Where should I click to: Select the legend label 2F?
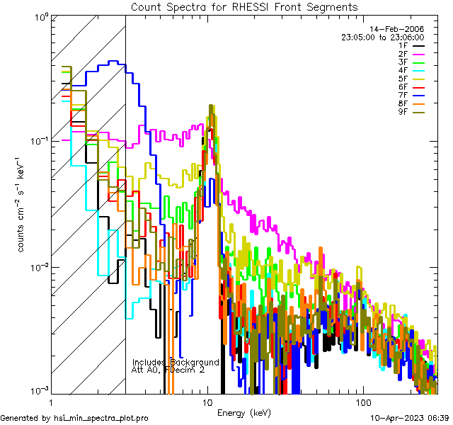click(403, 53)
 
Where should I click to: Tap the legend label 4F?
click(403, 70)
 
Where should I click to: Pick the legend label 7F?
click(403, 95)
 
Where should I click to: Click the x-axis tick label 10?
click(207, 402)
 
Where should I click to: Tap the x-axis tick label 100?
click(363, 402)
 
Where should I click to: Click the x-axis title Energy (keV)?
click(243, 412)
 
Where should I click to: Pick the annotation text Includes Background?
click(176, 362)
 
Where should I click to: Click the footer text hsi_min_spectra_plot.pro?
click(101, 419)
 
